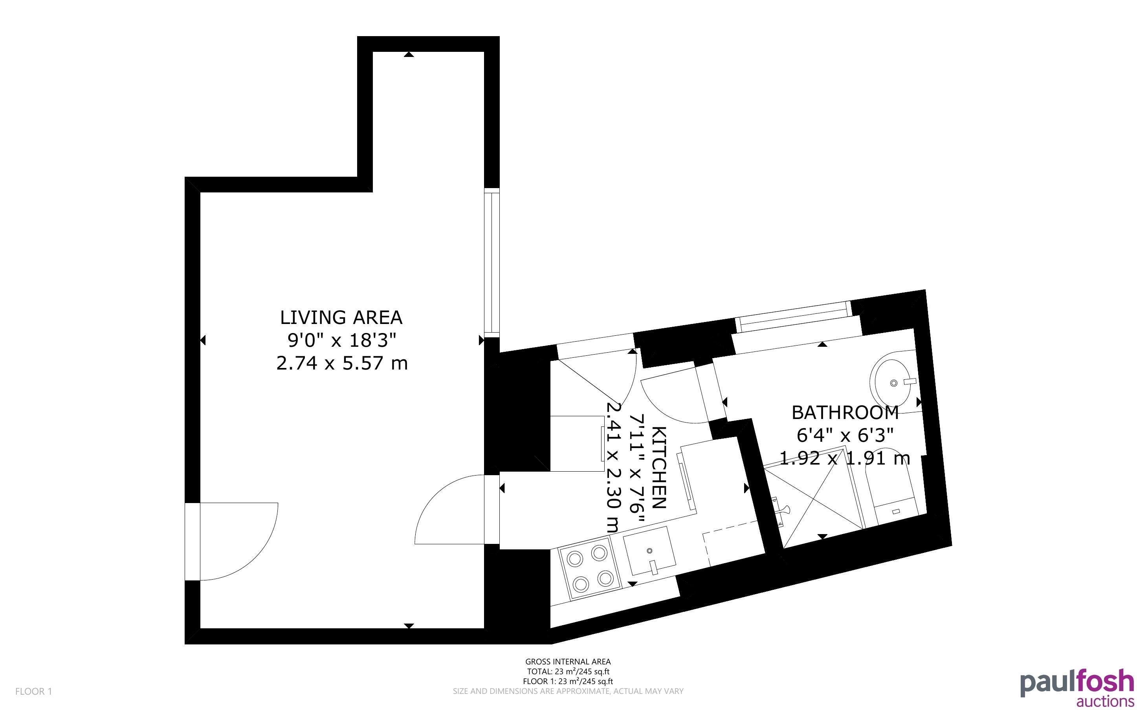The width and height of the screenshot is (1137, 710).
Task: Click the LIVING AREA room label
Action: pyautogui.click(x=341, y=317)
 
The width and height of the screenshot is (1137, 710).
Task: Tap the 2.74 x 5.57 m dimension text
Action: pyautogui.click(x=341, y=363)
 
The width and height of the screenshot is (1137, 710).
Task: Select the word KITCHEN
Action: pyautogui.click(x=659, y=468)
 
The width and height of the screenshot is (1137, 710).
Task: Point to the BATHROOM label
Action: pyautogui.click(x=845, y=412)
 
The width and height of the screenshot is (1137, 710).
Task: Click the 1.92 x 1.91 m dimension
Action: pyautogui.click(x=845, y=457)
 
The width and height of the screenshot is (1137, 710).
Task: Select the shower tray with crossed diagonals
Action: pyautogui.click(x=815, y=500)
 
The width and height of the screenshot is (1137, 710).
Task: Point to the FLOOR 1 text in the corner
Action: pyautogui.click(x=33, y=691)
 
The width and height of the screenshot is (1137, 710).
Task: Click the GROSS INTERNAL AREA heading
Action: pyautogui.click(x=568, y=662)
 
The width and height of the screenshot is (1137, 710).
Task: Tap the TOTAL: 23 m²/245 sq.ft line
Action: pyautogui.click(x=568, y=672)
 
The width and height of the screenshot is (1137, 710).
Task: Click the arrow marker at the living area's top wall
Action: pyautogui.click(x=409, y=55)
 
